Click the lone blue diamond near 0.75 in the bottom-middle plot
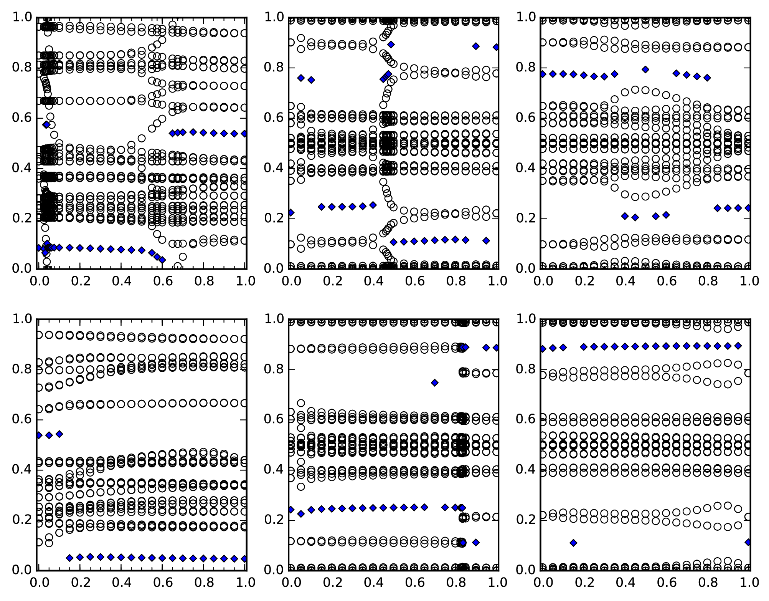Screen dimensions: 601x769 point(435,382)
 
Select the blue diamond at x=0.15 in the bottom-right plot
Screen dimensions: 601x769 point(573,543)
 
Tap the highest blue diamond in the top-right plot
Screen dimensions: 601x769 point(645,70)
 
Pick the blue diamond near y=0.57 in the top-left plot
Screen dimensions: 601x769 point(46,124)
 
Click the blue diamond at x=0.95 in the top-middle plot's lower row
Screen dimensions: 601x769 point(486,241)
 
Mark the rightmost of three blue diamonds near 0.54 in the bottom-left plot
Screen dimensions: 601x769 point(59,434)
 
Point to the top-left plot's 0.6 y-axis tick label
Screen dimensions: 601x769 point(22,118)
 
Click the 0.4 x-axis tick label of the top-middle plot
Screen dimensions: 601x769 point(374,281)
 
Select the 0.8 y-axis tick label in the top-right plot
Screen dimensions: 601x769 point(525,67)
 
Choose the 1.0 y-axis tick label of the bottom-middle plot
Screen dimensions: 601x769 point(274,319)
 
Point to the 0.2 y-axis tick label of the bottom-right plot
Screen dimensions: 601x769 point(525,520)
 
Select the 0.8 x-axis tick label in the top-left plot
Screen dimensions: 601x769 point(204,281)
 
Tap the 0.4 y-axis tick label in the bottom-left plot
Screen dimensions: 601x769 point(22,469)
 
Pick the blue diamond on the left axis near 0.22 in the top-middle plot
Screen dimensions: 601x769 point(291,212)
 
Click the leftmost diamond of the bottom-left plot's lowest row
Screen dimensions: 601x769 point(69,558)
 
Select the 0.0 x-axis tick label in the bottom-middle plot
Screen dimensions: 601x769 point(291,583)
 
